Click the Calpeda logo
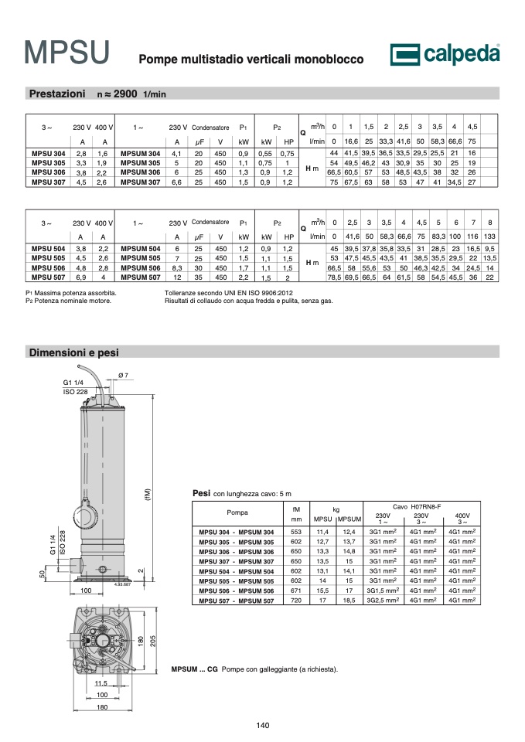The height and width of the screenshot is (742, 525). [445, 54]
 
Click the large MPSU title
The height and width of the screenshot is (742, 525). [67, 53]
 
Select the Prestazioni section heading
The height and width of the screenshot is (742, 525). [57, 94]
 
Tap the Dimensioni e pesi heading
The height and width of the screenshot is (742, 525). [74, 352]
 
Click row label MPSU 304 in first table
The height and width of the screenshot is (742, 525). [48, 153]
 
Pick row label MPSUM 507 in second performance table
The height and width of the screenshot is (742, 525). [141, 277]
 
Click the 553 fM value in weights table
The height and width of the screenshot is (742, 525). [296, 532]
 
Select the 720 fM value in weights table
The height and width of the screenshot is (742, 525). [296, 600]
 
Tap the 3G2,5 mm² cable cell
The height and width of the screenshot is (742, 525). [383, 600]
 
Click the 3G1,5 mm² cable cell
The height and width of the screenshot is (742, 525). [383, 590]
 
